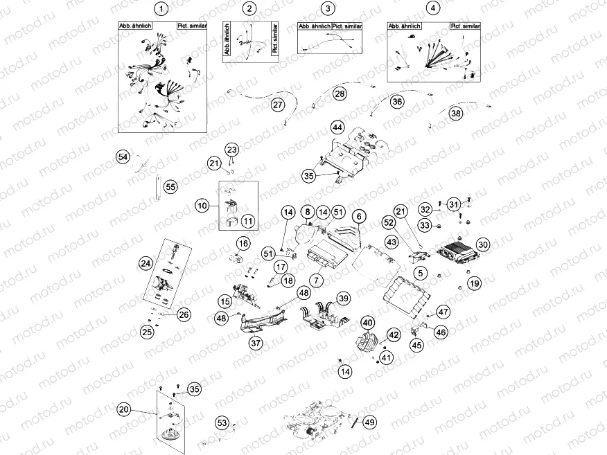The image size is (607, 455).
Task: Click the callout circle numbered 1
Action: click(161, 9)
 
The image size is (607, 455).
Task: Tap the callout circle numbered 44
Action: click(337, 128)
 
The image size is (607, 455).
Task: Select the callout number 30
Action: click(483, 244)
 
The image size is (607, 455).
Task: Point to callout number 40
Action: click(367, 322)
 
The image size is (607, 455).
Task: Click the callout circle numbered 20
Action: click(123, 409)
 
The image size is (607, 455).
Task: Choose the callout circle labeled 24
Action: click(145, 263)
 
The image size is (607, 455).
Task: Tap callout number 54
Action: click(123, 158)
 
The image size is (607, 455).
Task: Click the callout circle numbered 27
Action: click(278, 105)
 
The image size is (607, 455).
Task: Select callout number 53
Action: click(221, 422)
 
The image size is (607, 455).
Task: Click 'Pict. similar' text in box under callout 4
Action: click(465, 26)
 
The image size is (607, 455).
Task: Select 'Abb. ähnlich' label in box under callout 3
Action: click(313, 26)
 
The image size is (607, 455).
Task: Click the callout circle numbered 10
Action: click(202, 206)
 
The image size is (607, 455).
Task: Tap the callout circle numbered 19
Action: click(473, 283)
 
